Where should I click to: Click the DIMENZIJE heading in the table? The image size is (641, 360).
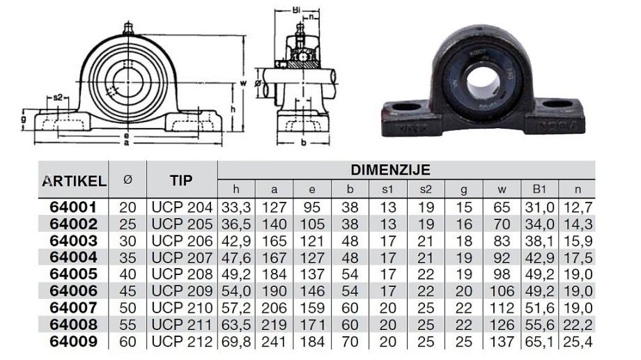(390, 170)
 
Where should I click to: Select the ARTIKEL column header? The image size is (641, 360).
(74, 180)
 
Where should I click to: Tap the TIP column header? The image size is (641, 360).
(181, 180)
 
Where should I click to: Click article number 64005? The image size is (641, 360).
(74, 274)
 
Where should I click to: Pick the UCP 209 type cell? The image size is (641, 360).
(182, 291)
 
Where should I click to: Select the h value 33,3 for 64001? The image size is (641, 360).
(236, 208)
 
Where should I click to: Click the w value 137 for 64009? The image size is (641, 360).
(502, 342)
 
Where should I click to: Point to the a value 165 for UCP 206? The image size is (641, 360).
(274, 241)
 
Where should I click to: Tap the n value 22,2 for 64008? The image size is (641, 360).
(578, 325)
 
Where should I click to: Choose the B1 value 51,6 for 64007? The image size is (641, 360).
(539, 308)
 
